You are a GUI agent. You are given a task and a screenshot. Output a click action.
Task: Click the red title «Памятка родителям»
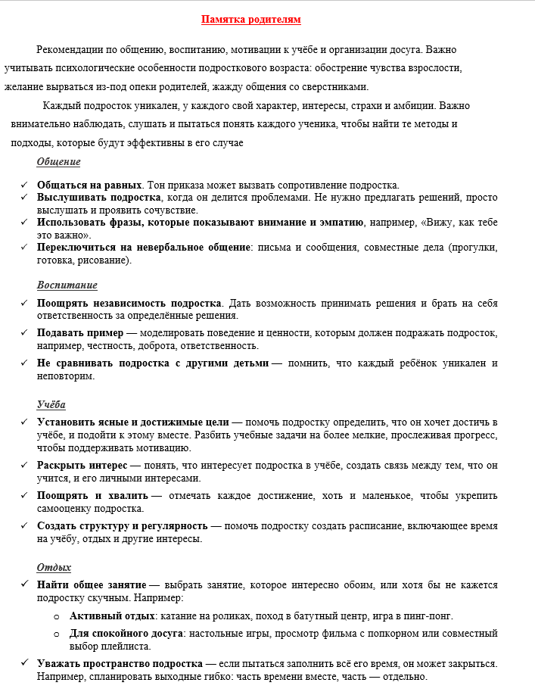(x=255, y=20)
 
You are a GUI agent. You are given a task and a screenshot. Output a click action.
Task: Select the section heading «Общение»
(x=58, y=161)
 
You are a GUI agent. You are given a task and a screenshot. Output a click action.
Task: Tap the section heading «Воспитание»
(x=67, y=285)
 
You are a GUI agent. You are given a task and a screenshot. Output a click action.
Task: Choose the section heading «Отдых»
(x=54, y=567)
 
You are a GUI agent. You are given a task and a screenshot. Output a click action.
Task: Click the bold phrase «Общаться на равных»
(x=89, y=185)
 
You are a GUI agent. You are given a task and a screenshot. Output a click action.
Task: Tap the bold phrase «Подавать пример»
(x=79, y=333)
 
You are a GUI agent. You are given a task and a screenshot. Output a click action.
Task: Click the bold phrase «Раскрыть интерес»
(x=81, y=466)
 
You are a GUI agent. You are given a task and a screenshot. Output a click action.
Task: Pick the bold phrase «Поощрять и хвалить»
(x=92, y=496)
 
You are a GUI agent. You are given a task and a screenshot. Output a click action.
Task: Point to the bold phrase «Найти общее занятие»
(x=92, y=584)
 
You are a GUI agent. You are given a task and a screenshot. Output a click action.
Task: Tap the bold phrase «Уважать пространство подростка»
(x=120, y=663)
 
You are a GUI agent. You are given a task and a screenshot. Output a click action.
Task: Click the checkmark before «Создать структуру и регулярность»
(x=24, y=526)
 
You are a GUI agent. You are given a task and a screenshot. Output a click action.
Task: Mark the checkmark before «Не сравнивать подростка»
(x=24, y=363)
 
